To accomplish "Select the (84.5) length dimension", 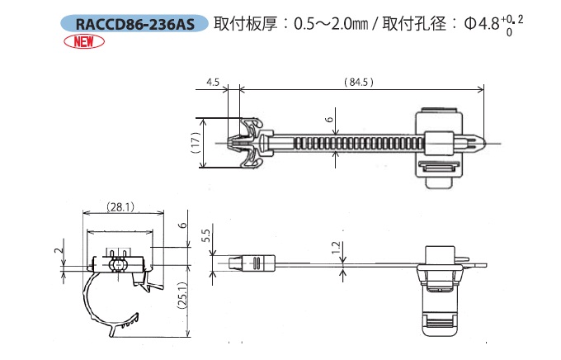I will coord(357,82).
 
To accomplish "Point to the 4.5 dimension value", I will coord(212,82).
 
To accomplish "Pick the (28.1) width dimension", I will coord(120,207).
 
